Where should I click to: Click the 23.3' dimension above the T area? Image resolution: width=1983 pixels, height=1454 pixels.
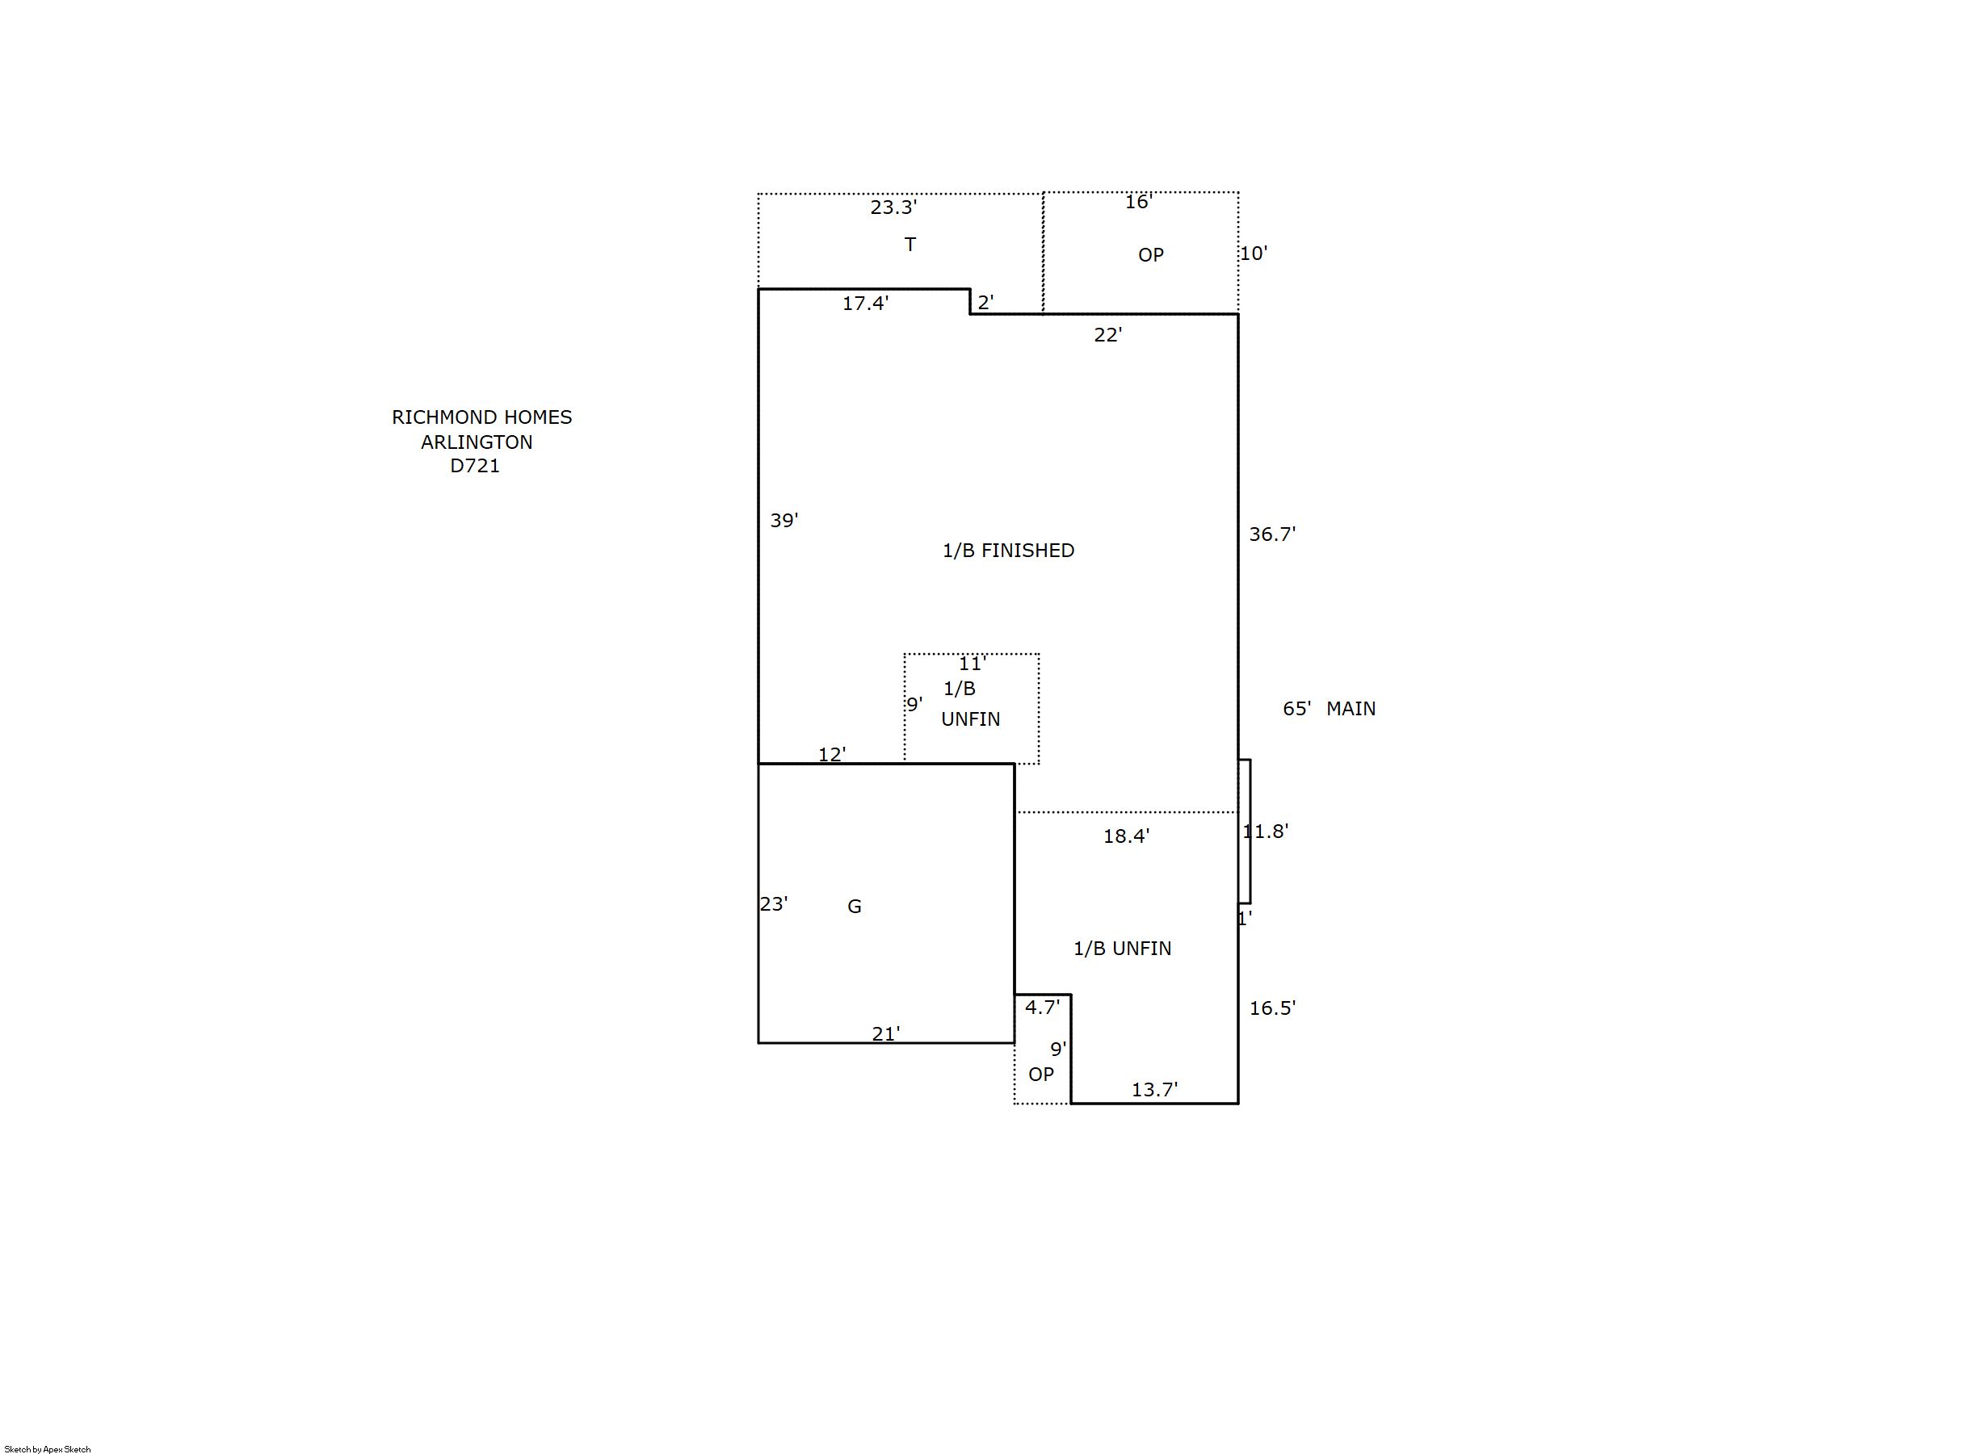[x=893, y=207]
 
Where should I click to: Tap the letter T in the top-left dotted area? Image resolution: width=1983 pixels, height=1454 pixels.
[x=910, y=245]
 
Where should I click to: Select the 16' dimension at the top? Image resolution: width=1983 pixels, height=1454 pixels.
[x=1139, y=203]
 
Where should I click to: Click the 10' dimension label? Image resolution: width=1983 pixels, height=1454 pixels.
[x=1254, y=254]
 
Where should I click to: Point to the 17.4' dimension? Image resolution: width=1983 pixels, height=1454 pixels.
[x=866, y=304]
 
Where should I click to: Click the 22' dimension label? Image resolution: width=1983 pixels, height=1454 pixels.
[x=1107, y=335]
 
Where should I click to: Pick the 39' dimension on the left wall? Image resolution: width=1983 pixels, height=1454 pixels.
[x=784, y=521]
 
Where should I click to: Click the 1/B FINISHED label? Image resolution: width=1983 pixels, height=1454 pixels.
[x=1008, y=551]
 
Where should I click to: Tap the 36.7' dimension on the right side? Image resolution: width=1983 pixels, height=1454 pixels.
[x=1272, y=534]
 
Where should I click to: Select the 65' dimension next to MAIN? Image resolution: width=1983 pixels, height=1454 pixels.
[x=1297, y=710]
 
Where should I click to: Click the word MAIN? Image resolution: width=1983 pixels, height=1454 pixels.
[x=1351, y=710]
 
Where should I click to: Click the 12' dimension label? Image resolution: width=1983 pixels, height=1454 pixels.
[x=832, y=755]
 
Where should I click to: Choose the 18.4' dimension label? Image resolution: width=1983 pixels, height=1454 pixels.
[x=1126, y=837]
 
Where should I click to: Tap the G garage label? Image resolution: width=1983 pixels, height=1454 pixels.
[x=854, y=907]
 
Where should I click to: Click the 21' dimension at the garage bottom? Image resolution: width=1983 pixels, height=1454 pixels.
[x=886, y=1034]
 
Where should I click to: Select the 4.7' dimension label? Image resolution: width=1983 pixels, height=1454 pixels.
[x=1043, y=1008]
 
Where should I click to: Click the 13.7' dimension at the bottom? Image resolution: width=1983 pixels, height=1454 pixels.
[x=1154, y=1091]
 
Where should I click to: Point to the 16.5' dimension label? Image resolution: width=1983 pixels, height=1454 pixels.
[x=1272, y=1008]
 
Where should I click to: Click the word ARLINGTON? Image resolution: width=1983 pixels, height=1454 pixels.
[x=477, y=442]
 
